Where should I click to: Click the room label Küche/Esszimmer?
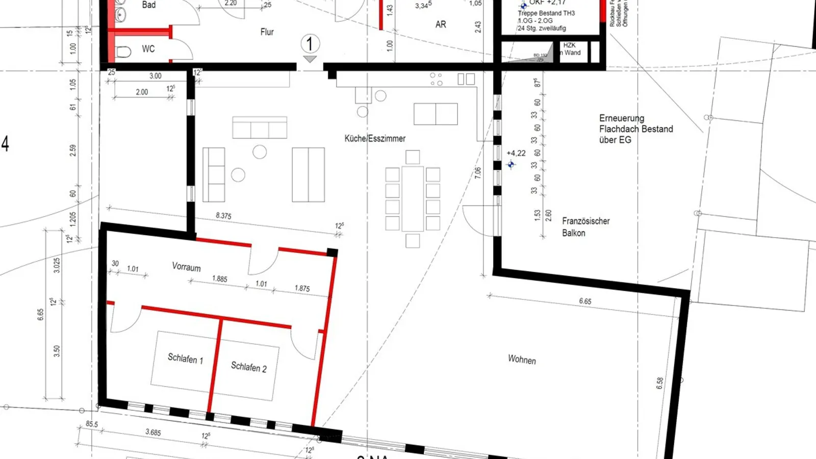click(x=375, y=138)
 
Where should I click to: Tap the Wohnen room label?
click(x=522, y=360)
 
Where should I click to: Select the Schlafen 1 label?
click(x=185, y=359)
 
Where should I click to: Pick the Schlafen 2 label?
click(x=248, y=367)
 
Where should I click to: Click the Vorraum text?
click(x=186, y=267)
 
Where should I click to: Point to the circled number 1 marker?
click(x=310, y=44)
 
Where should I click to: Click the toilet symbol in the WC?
click(x=123, y=52)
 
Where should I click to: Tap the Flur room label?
click(x=267, y=32)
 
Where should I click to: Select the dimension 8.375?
click(x=223, y=216)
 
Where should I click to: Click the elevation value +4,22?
click(x=516, y=153)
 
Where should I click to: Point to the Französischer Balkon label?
click(x=585, y=227)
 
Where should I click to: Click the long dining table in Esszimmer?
click(x=412, y=199)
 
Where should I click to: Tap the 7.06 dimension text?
click(x=477, y=172)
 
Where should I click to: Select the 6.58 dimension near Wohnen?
click(x=660, y=383)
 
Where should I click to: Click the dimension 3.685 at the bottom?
click(x=153, y=432)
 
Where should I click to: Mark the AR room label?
click(x=441, y=24)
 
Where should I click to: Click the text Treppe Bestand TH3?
click(x=546, y=13)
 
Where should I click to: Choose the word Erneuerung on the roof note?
click(x=621, y=118)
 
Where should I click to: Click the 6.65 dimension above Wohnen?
click(x=585, y=301)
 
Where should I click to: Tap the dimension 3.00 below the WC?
click(x=156, y=76)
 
